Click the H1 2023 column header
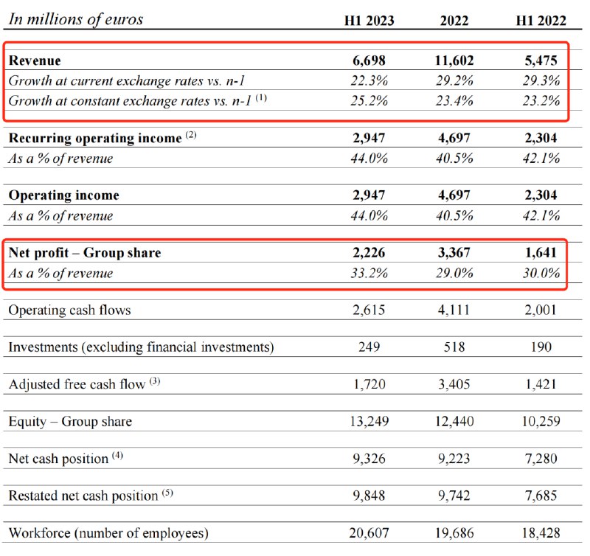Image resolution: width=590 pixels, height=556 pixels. [369, 21]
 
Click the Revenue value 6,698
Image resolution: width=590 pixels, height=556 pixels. [369, 60]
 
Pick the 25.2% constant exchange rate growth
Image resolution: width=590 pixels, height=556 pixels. [369, 100]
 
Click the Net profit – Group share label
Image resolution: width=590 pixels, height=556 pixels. [85, 253]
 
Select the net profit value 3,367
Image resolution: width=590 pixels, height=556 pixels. [453, 253]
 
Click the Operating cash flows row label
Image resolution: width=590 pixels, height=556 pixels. [69, 310]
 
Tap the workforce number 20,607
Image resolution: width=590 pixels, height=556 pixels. [369, 532]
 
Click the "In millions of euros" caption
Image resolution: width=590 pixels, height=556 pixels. [75, 20]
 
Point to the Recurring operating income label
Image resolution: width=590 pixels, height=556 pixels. [95, 138]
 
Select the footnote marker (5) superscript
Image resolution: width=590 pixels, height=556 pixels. [167, 493]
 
